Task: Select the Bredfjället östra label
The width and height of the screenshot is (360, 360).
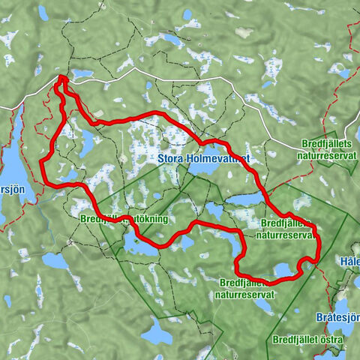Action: [308, 340]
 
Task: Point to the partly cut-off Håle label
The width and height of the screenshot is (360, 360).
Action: [349, 262]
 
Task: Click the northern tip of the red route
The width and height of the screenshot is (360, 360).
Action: [61, 77]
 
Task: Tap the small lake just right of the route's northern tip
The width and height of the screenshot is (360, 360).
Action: [81, 74]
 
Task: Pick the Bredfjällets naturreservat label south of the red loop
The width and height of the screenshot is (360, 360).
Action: [247, 289]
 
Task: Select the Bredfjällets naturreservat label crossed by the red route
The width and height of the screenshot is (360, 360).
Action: [286, 229]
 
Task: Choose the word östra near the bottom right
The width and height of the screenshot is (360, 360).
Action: [332, 340]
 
